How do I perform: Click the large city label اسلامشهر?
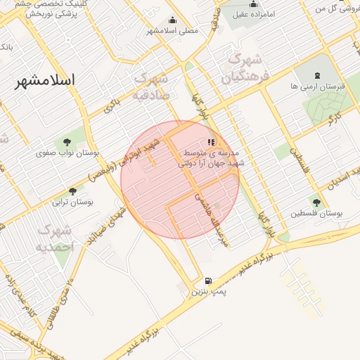(48, 80)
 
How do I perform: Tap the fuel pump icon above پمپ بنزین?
(207, 279)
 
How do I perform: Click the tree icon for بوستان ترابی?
(72, 191)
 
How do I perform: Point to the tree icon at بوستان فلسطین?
(316, 202)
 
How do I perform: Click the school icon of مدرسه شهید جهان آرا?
(211, 142)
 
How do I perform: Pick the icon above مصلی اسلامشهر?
(173, 20)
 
